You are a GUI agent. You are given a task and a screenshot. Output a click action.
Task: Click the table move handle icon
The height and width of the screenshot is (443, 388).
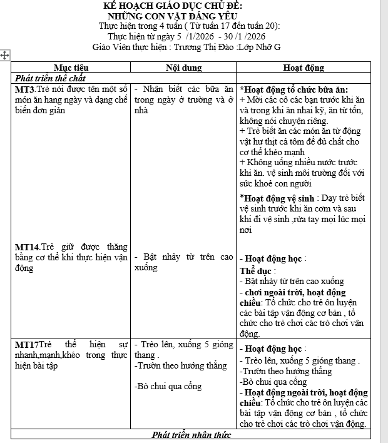(5, 56)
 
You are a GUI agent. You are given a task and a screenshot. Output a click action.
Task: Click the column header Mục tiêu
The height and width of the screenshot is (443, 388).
(71, 67)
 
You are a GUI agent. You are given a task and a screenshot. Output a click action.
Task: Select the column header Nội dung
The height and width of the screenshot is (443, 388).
(184, 67)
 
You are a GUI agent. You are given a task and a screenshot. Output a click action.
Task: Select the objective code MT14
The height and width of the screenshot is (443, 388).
(28, 247)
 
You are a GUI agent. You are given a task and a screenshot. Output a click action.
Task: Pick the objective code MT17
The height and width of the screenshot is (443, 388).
(27, 344)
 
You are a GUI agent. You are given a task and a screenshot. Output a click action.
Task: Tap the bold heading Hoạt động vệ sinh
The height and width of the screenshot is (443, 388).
(278, 198)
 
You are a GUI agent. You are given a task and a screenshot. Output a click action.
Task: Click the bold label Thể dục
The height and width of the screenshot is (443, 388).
(256, 272)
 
